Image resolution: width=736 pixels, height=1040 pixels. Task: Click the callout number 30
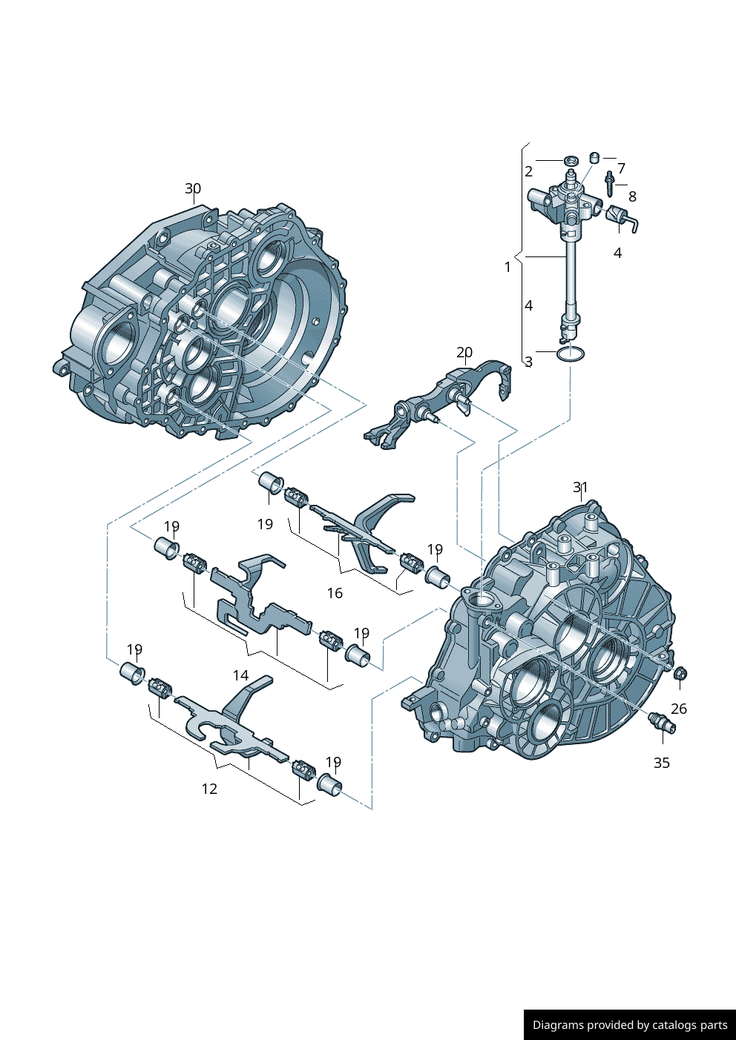click(x=193, y=188)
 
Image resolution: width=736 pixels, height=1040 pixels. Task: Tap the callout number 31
click(x=580, y=488)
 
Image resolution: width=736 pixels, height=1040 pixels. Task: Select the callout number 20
click(x=464, y=353)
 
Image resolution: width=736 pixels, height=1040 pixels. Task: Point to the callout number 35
click(x=662, y=763)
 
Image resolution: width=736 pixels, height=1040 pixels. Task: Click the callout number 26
click(x=679, y=709)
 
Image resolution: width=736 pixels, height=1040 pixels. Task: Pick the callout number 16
click(x=335, y=593)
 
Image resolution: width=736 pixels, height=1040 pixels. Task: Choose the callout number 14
click(x=240, y=675)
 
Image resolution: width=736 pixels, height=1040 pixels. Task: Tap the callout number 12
click(x=209, y=789)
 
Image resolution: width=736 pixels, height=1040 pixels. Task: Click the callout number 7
click(x=622, y=168)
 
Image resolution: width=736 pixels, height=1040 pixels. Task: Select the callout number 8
click(x=632, y=196)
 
